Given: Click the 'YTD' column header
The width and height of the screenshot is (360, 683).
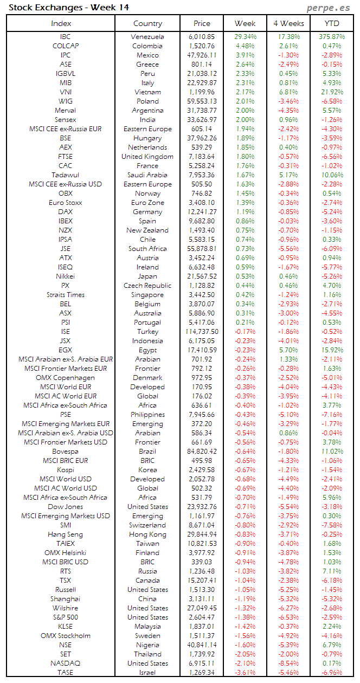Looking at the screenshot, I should (332, 23).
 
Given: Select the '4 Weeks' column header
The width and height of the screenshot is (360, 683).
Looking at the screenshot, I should (288, 23).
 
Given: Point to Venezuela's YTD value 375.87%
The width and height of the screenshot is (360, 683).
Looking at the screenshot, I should (332, 37).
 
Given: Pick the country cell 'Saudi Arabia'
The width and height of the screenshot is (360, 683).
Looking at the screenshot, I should (147, 175).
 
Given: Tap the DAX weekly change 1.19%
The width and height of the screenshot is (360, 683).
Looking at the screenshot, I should (245, 212).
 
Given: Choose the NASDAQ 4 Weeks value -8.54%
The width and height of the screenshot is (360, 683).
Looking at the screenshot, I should (288, 663).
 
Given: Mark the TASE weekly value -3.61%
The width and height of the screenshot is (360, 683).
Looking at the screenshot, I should (245, 672).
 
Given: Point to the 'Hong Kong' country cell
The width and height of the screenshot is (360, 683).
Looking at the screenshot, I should (147, 534).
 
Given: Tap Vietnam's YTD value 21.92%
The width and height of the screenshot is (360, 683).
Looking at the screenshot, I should (332, 92).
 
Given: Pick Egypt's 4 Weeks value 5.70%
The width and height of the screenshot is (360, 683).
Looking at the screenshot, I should (288, 350).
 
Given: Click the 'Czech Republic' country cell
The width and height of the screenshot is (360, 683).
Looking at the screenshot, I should (147, 286).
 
